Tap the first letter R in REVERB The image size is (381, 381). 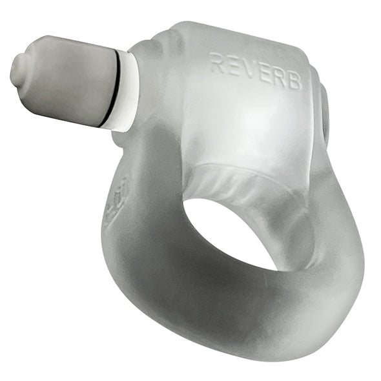pyautogui.click(x=216, y=63)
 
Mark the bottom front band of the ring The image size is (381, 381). pyautogui.click(x=213, y=323)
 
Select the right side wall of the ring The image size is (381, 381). pyautogui.click(x=336, y=258)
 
